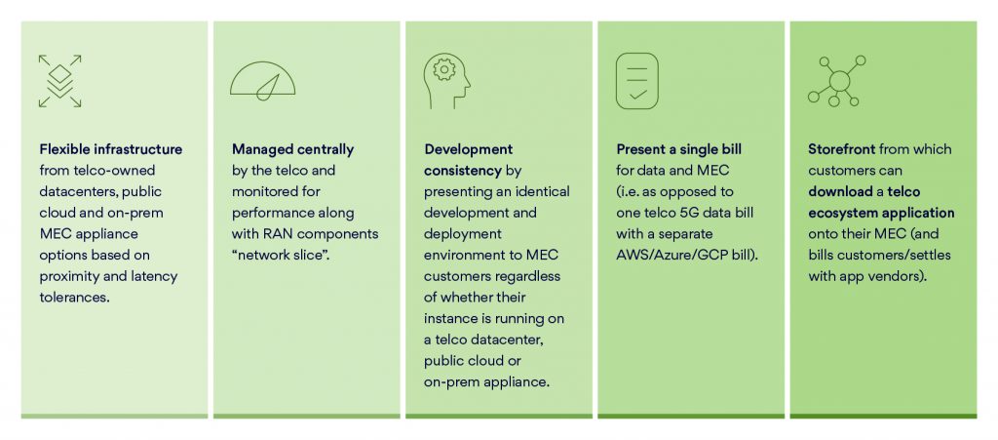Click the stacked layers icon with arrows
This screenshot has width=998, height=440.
pos(59,81)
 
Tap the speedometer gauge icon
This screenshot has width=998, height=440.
pos(262,81)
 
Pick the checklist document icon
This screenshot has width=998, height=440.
pos(637,81)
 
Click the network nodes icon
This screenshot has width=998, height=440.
pos(833,81)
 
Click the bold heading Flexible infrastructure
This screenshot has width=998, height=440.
pos(110,149)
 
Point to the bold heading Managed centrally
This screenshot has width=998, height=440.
pos(292,149)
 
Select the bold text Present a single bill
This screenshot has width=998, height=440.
pos(679,149)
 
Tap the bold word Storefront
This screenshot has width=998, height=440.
pos(842,149)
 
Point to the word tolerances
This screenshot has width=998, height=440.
pos(75,297)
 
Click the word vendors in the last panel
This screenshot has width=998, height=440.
pos(902,276)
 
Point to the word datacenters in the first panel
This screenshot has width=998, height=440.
pos(76,191)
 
